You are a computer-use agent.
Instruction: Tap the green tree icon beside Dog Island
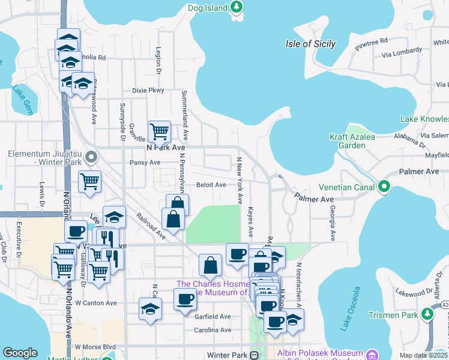(237, 7)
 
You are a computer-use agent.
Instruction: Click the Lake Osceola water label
(349, 309)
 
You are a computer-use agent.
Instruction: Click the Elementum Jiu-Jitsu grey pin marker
(91, 158)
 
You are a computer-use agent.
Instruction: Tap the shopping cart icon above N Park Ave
(159, 130)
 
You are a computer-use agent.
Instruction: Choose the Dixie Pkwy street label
(148, 90)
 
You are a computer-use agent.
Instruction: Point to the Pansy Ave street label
(145, 163)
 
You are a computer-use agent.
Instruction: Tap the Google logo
(20, 353)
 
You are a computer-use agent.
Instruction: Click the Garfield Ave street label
(212, 316)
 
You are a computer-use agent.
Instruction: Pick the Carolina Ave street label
(212, 330)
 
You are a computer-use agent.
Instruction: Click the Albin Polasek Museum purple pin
(372, 354)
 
